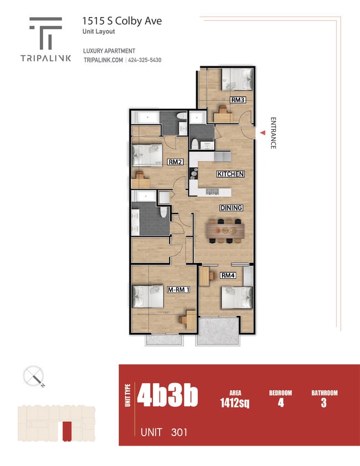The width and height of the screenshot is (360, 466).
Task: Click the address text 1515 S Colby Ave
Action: pyautogui.click(x=122, y=21)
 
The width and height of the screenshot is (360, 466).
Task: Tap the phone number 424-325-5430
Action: pyautogui.click(x=145, y=60)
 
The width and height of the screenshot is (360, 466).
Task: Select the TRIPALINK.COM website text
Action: pyautogui.click(x=103, y=60)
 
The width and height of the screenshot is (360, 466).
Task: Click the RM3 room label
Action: pyautogui.click(x=238, y=100)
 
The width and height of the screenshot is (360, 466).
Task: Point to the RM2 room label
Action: pyautogui.click(x=175, y=162)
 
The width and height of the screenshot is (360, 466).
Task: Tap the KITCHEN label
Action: pyautogui.click(x=230, y=174)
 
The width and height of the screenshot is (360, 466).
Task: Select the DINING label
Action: pyautogui.click(x=231, y=208)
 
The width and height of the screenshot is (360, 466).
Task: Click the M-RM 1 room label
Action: pyautogui.click(x=178, y=289)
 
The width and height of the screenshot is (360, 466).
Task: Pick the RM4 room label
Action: pyautogui.click(x=228, y=276)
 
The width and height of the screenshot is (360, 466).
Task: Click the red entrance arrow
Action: pyautogui.click(x=263, y=133)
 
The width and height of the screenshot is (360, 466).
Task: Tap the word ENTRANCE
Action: pyautogui.click(x=273, y=133)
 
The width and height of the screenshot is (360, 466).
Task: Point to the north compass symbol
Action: pyautogui.click(x=34, y=377)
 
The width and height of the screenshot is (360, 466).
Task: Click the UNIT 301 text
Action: pyautogui.click(x=164, y=432)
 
